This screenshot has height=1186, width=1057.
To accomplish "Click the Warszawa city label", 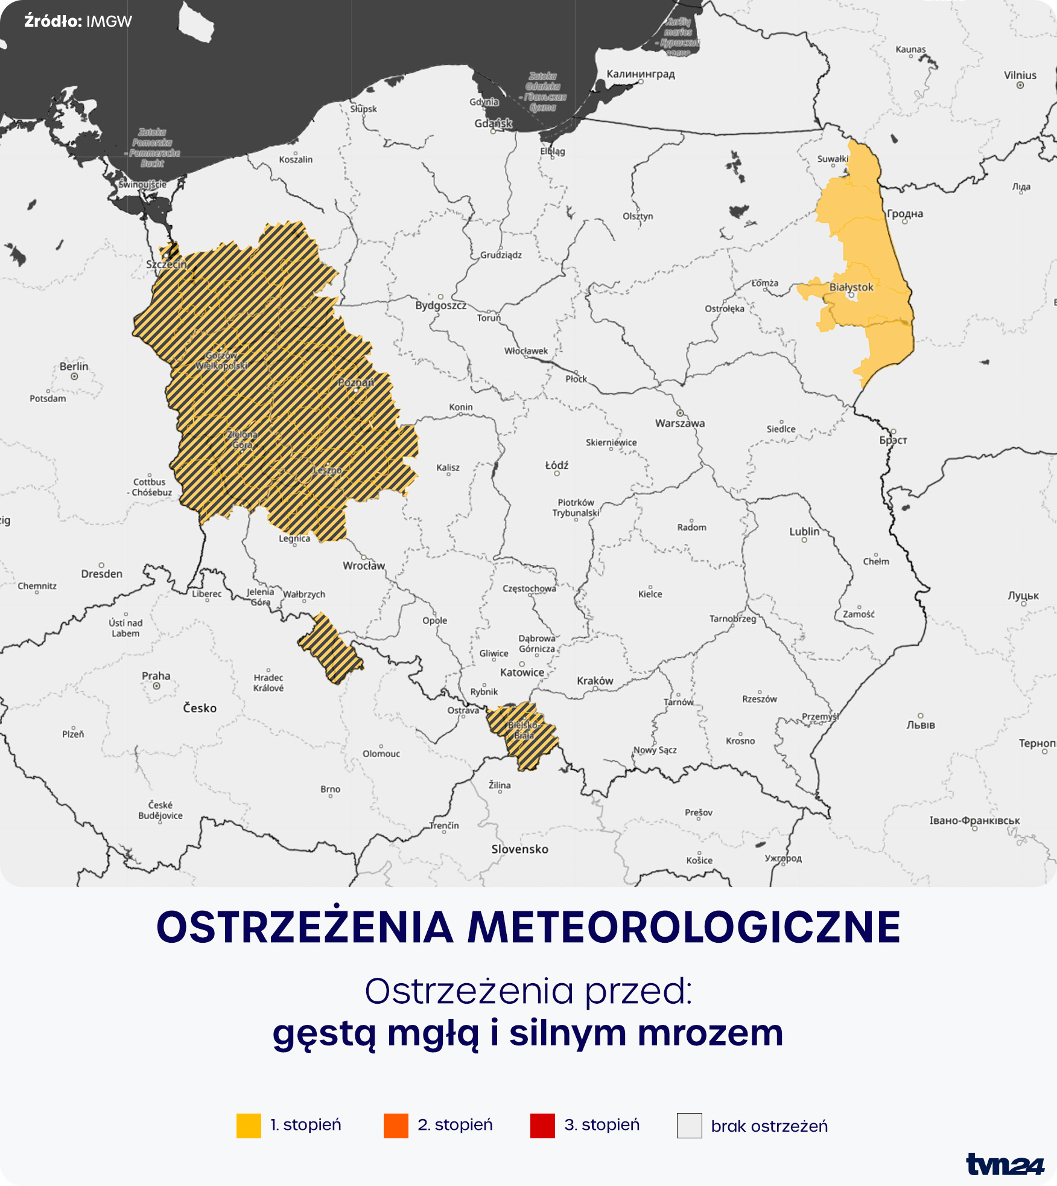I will (680, 423).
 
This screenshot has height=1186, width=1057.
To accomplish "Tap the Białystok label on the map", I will (851, 287).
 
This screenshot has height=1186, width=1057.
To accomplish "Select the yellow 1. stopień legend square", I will (249, 1126).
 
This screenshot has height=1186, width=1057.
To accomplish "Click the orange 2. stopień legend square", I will (396, 1126).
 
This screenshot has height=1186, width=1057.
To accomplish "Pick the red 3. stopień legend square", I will (542, 1126).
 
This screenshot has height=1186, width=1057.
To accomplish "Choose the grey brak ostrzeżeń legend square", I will (690, 1126).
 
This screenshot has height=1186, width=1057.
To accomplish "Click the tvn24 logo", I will (1005, 1164).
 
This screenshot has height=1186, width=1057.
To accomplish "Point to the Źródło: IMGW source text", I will (78, 22).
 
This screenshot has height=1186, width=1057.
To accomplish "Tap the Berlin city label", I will (74, 366).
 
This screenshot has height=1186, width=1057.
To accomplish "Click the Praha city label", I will (156, 676).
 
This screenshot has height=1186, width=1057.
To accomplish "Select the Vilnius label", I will (1020, 75).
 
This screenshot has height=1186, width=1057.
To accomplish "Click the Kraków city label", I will (595, 681).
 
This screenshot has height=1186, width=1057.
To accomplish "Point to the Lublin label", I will (804, 532).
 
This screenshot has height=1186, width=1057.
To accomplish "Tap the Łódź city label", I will (557, 465).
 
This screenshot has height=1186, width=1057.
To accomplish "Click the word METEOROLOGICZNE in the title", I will (684, 927).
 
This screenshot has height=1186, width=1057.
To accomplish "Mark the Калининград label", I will (641, 74).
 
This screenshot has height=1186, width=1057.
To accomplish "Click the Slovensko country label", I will (519, 849).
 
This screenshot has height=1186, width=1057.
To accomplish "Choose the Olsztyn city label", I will (638, 216).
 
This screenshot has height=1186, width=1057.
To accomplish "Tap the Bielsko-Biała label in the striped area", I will (523, 730).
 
